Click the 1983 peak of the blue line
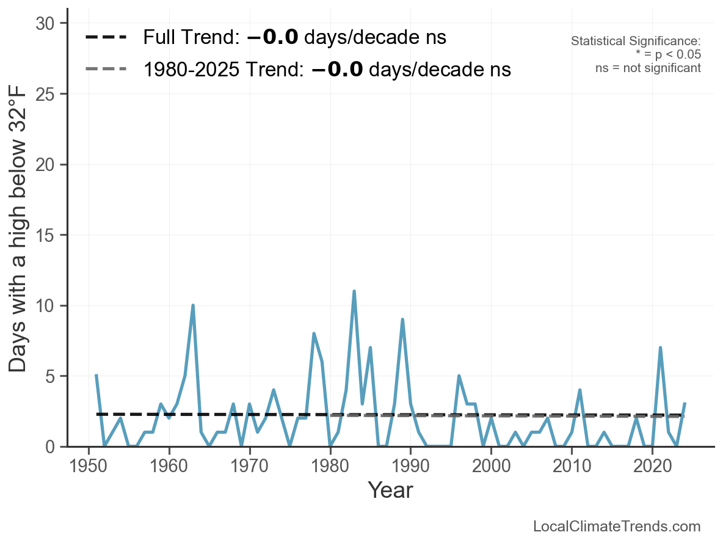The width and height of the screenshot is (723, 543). click(x=354, y=291)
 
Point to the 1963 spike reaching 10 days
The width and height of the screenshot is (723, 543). click(x=193, y=305)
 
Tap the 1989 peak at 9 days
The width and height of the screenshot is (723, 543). click(x=402, y=319)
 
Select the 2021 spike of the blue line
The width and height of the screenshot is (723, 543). click(x=660, y=348)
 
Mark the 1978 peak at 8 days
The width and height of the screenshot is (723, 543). click(x=314, y=333)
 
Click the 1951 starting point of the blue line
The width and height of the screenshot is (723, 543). click(x=96, y=376)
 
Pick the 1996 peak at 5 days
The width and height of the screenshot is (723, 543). click(x=459, y=376)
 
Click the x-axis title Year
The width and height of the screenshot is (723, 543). click(x=390, y=490)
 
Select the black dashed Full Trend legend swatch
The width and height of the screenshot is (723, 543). click(x=106, y=38)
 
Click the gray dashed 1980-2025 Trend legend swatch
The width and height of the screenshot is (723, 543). click(x=106, y=69)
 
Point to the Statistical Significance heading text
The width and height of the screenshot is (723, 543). click(x=636, y=42)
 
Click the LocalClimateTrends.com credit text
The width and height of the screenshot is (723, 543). click(x=617, y=527)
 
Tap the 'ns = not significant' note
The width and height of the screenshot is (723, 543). click(x=648, y=68)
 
